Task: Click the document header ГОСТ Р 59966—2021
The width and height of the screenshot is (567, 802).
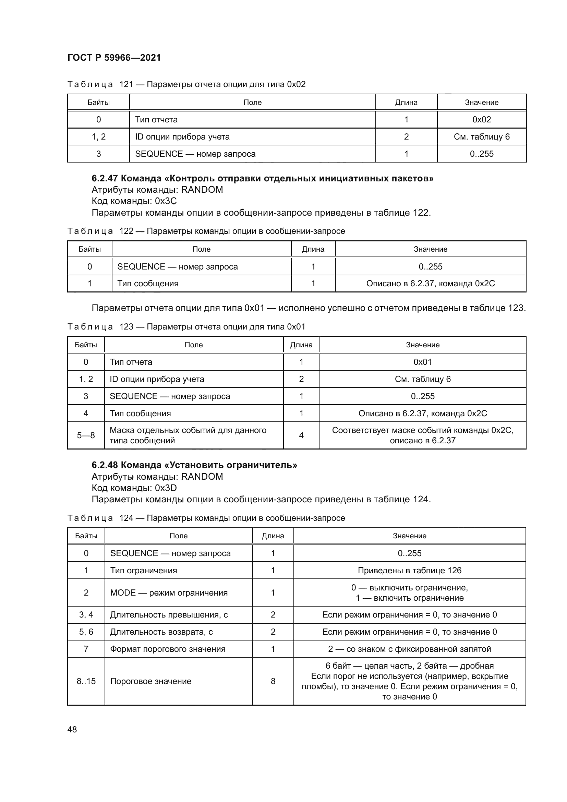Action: [x=114, y=58]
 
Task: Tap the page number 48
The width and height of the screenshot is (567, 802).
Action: [x=72, y=729]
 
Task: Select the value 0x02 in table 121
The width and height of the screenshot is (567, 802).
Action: [x=481, y=119]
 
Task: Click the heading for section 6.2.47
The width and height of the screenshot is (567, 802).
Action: [x=262, y=179]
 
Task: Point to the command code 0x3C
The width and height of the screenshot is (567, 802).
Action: [x=166, y=201]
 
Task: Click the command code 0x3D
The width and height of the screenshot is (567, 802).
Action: [x=166, y=488]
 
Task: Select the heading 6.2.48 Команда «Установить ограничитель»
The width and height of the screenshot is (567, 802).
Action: [x=194, y=465]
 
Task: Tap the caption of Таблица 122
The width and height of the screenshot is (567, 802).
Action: [x=206, y=231]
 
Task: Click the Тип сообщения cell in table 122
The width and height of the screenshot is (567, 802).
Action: [x=148, y=283]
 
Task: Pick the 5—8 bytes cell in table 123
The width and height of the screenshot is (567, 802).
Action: [x=86, y=435]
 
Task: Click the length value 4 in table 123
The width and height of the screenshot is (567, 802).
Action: [x=301, y=435]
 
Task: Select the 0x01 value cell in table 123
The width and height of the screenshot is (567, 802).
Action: [x=422, y=362]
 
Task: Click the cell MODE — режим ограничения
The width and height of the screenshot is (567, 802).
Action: [x=169, y=593]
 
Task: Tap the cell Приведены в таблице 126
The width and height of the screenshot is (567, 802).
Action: [x=409, y=571]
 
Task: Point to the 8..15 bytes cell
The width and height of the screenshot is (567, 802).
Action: [x=86, y=681]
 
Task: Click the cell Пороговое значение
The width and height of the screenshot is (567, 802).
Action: [x=150, y=681]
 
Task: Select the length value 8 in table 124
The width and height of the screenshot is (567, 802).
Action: [x=273, y=681]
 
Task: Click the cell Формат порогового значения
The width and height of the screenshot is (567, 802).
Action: [x=168, y=649]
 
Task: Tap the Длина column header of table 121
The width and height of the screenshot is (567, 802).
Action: [x=406, y=102]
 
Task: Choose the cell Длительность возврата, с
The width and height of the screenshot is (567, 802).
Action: [x=161, y=632]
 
